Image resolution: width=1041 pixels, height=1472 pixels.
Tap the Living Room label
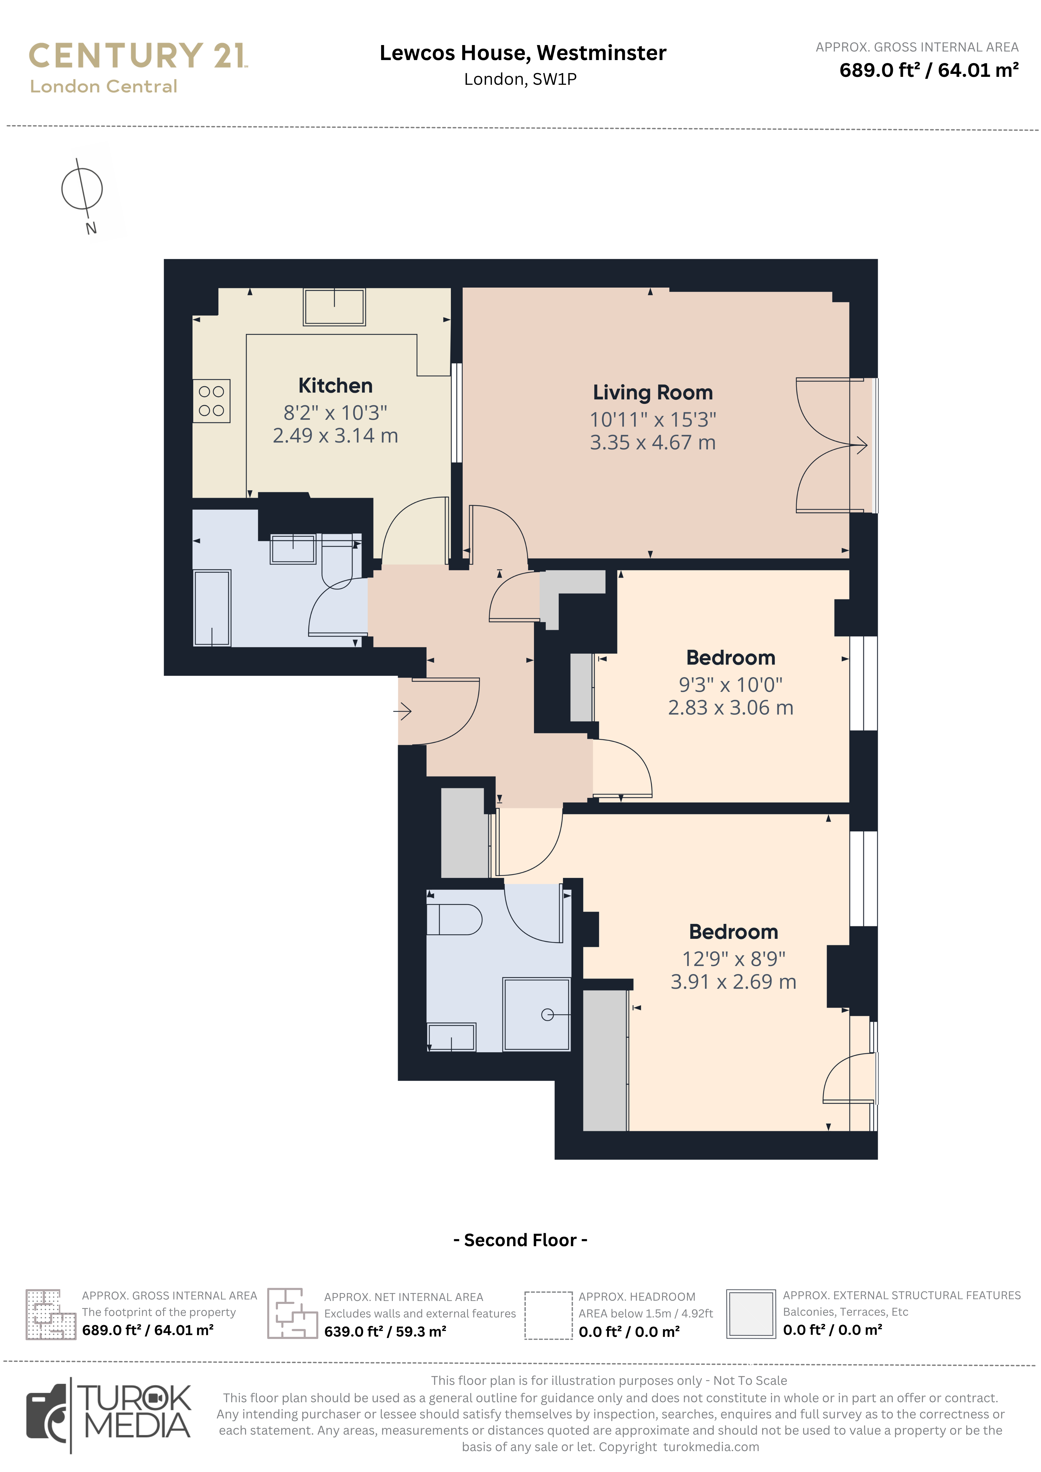[x=652, y=392]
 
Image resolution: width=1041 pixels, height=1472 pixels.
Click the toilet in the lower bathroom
[x=454, y=919]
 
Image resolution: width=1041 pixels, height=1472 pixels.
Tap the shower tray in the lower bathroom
[x=536, y=1014]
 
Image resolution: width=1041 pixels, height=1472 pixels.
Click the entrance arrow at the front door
[x=402, y=711]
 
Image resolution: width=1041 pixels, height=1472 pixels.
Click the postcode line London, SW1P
[x=520, y=79]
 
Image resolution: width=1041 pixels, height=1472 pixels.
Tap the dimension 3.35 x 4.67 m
[x=652, y=442]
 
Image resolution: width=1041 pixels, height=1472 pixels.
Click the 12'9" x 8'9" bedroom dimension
[x=733, y=959]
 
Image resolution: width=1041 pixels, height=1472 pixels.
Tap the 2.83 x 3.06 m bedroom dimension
[x=731, y=708]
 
